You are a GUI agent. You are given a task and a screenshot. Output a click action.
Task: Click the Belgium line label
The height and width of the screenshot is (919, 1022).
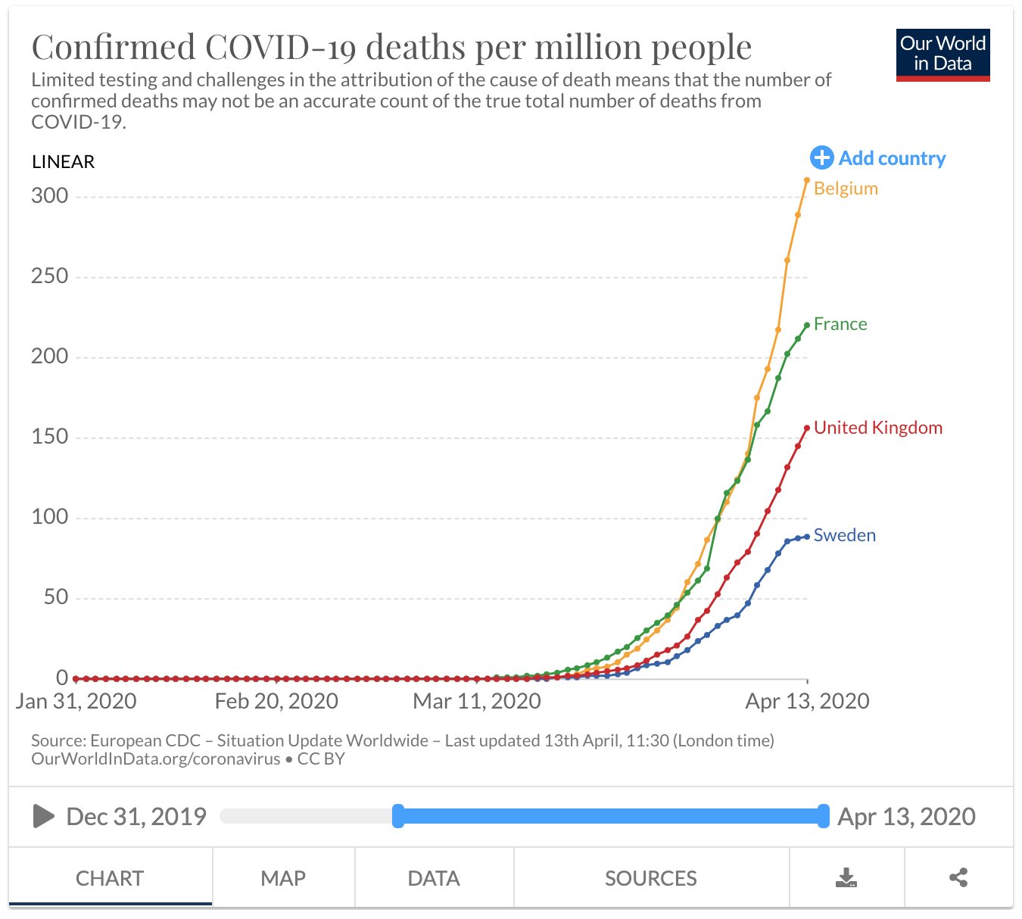pyautogui.click(x=846, y=188)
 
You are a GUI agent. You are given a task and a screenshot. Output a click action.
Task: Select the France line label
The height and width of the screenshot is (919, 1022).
pyautogui.click(x=840, y=324)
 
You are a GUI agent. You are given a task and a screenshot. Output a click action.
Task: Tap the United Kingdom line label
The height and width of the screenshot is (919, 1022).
pyautogui.click(x=877, y=428)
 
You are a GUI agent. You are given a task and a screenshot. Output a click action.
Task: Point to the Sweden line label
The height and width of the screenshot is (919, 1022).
pyautogui.click(x=844, y=535)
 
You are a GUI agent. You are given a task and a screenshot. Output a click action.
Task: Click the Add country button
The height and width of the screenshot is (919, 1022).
pyautogui.click(x=878, y=158)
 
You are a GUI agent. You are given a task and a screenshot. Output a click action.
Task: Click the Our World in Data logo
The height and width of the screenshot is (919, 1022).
pyautogui.click(x=943, y=55)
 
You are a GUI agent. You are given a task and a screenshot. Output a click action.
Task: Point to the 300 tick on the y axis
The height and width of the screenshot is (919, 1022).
pyautogui.click(x=50, y=196)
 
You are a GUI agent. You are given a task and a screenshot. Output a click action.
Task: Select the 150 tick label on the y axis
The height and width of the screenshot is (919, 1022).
pyautogui.click(x=50, y=437)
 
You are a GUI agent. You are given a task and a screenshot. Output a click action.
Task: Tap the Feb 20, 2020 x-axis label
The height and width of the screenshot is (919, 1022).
pyautogui.click(x=276, y=701)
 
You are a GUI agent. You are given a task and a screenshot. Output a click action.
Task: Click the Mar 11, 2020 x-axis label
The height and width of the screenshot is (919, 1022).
pyautogui.click(x=477, y=701)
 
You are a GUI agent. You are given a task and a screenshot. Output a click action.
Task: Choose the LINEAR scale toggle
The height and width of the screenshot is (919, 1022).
pyautogui.click(x=64, y=162)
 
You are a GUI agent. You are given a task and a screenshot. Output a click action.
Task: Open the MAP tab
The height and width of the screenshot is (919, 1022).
pyautogui.click(x=283, y=878)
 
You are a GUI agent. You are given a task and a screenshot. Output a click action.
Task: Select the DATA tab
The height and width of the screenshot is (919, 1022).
pyautogui.click(x=434, y=878)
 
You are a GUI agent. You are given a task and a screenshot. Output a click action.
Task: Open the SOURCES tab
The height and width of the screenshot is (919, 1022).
pyautogui.click(x=651, y=878)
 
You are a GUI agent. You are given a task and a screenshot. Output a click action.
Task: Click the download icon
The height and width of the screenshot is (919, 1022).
pyautogui.click(x=846, y=878)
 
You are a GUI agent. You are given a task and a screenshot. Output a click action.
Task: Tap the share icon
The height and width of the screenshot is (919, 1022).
pyautogui.click(x=958, y=878)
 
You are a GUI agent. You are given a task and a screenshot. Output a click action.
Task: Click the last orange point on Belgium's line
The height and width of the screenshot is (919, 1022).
pyautogui.click(x=807, y=180)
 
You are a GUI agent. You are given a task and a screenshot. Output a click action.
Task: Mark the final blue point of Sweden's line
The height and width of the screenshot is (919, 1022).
pyautogui.click(x=807, y=537)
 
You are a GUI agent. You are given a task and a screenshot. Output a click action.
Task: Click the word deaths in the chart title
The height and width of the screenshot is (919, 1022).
pyautogui.click(x=415, y=47)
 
